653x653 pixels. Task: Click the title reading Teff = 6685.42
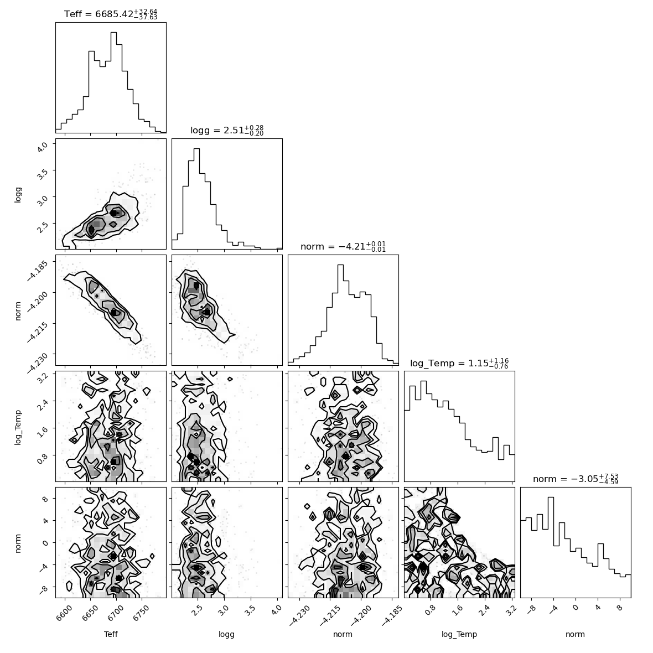tap(111, 14)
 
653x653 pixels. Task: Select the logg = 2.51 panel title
tap(227, 131)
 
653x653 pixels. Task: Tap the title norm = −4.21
tap(343, 247)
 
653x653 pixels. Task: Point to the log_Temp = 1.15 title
tap(459, 363)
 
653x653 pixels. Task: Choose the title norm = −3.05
tap(576, 479)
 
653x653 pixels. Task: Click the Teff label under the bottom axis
tap(111, 634)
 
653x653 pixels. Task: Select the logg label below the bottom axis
tap(226, 635)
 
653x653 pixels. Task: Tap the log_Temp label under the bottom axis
tap(459, 635)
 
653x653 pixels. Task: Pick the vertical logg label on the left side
tap(18, 194)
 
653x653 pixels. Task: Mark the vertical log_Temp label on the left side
tap(18, 427)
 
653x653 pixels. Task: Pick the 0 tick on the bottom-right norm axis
tap(576, 608)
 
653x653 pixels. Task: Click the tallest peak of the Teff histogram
tap(113, 33)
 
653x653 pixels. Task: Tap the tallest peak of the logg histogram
tap(197, 149)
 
